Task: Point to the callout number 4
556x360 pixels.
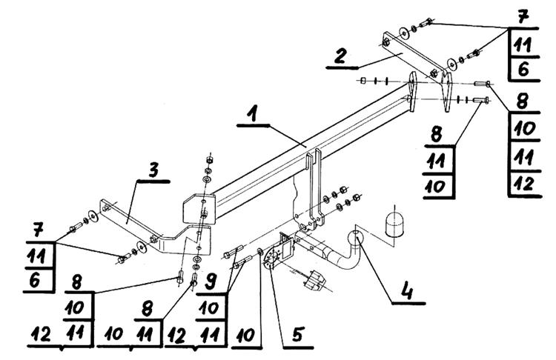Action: tap(407, 291)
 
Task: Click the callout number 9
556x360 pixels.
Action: tap(211, 282)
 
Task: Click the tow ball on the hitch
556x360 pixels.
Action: tap(355, 236)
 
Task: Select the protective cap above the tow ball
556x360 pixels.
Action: tap(394, 224)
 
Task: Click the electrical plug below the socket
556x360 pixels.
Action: tap(315, 280)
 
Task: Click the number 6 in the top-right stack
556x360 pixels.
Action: tap(523, 69)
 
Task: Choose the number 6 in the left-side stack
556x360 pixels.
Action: tap(35, 280)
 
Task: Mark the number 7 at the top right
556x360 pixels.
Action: tap(523, 17)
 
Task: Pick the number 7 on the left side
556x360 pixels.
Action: tap(38, 230)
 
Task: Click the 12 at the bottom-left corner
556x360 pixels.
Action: tap(41, 334)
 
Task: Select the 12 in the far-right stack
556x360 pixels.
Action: tap(524, 184)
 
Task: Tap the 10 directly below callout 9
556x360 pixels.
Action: tap(208, 308)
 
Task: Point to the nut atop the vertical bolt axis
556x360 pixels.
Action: tap(209, 160)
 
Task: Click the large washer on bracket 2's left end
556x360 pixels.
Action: tap(403, 33)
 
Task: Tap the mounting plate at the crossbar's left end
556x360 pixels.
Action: tap(199, 209)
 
